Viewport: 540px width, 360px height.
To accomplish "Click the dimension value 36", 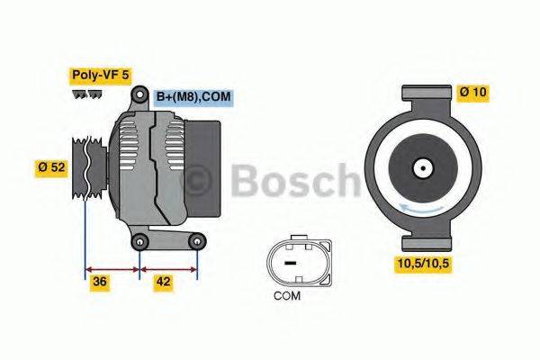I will (101, 282).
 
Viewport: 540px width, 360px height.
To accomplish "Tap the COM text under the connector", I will (290, 295).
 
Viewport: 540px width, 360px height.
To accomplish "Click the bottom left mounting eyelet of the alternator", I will (139, 242).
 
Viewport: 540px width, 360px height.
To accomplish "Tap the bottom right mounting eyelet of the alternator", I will (196, 241).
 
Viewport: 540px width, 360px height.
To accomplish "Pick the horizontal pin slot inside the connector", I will (290, 262).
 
